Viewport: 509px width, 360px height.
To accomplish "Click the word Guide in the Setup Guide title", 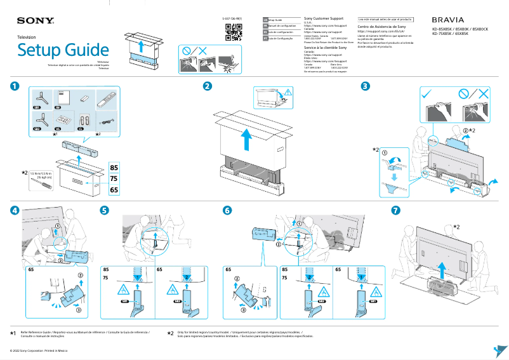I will (x=86, y=50).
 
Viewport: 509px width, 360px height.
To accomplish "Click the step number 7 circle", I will (x=395, y=210).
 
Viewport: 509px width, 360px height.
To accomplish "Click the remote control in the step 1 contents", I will (x=106, y=99).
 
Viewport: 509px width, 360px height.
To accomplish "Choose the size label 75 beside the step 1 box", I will (x=114, y=179).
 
